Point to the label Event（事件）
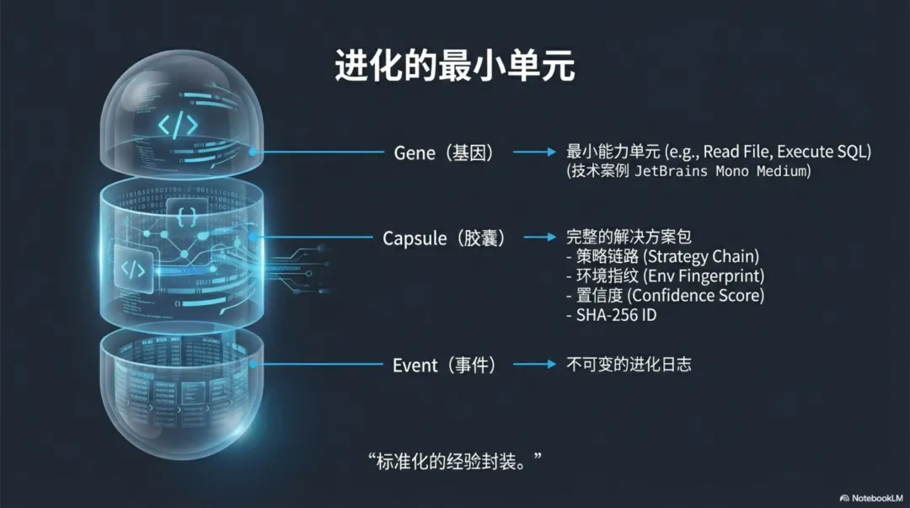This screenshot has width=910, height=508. [444, 365]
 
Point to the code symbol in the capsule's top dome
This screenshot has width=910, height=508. [179, 126]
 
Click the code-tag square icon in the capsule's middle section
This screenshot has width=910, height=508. [135, 269]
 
